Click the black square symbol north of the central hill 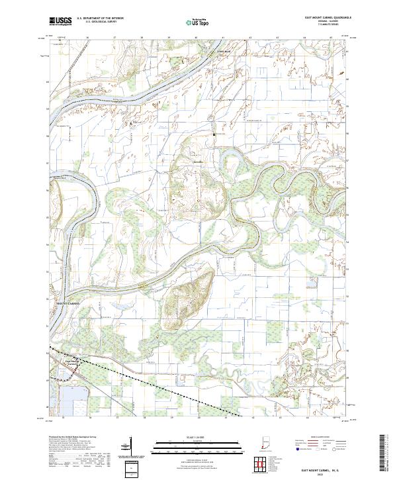point(214,134)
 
